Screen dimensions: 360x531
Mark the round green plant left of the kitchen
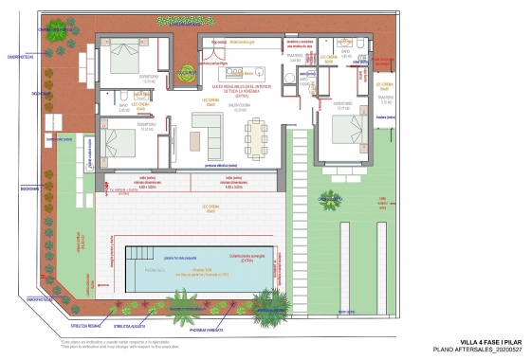pos(186,75)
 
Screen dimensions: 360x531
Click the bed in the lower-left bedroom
pos(120,145)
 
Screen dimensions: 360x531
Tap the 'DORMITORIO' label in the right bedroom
pos(342,105)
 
